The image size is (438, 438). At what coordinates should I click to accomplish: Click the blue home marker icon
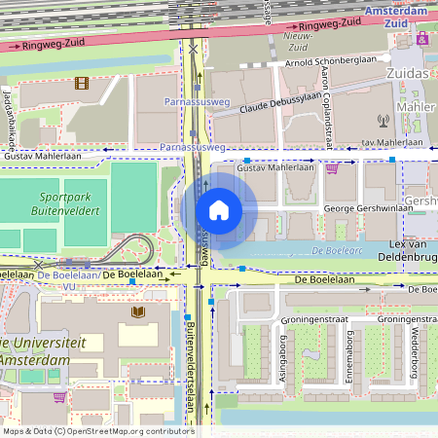click(219, 210)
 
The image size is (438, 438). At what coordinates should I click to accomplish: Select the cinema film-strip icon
click(81, 84)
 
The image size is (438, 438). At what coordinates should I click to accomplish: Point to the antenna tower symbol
click(383, 123)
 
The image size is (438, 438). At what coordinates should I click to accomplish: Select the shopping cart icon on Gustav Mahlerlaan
click(332, 167)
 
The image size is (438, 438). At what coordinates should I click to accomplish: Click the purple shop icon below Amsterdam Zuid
click(422, 39)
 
